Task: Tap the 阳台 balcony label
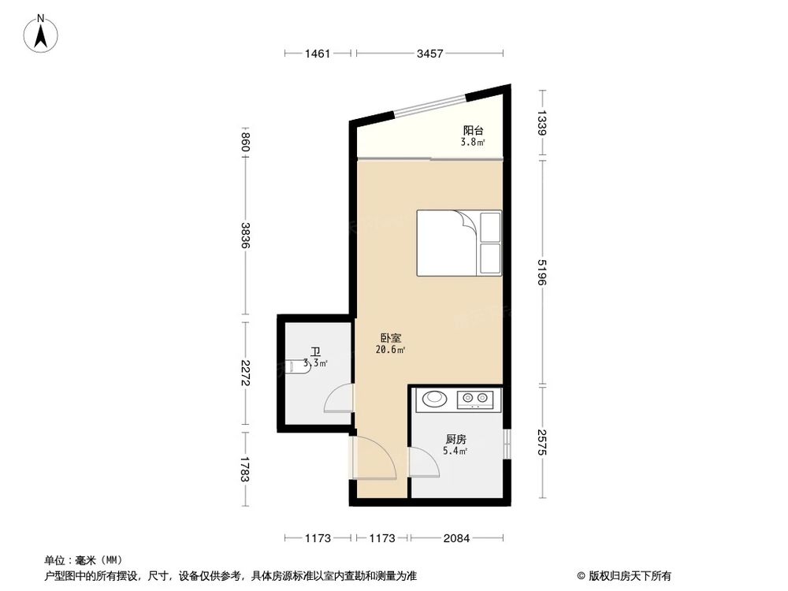pyautogui.click(x=473, y=131)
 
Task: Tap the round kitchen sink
pyautogui.click(x=434, y=399)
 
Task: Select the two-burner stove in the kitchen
pyautogui.click(x=475, y=400)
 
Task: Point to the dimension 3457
pyautogui.click(x=430, y=54)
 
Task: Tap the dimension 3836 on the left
pyautogui.click(x=246, y=235)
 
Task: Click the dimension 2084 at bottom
pyautogui.click(x=456, y=538)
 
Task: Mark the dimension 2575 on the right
pyautogui.click(x=542, y=442)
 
